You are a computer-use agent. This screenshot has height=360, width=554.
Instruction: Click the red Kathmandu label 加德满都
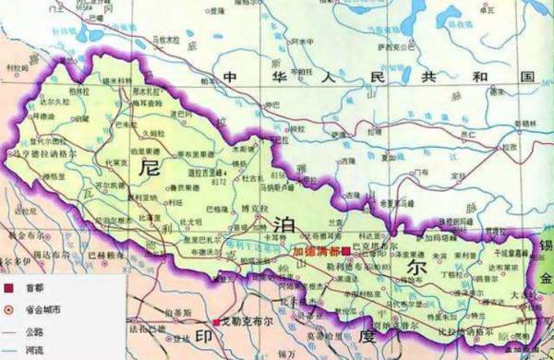pyautogui.click(x=314, y=249)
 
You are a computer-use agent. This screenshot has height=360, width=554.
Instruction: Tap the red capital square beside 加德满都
pyautogui.click(x=345, y=250)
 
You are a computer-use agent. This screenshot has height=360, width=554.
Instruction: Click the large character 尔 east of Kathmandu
pyautogui.click(x=413, y=265)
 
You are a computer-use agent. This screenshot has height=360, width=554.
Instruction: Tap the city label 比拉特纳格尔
pyautogui.click(x=452, y=330)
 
